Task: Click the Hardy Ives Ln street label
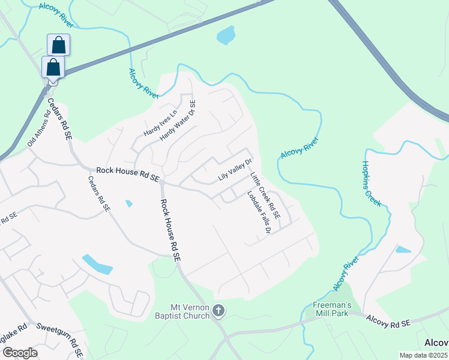(161, 123)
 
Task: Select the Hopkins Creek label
(372, 184)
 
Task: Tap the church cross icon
(219, 310)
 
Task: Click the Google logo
(19, 353)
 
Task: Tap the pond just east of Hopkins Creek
(403, 249)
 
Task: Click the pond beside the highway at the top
(225, 35)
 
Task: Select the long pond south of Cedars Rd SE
(97, 264)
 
